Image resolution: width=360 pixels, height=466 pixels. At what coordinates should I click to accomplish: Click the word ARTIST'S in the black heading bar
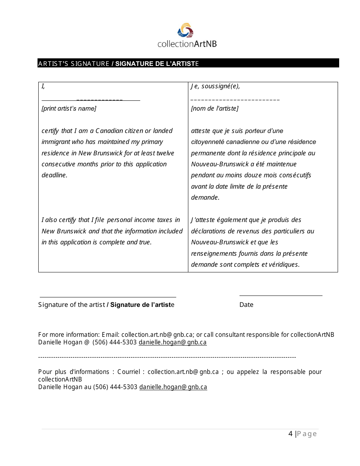pos(53,64)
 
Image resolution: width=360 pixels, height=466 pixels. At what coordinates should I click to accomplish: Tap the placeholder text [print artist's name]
pos(69,109)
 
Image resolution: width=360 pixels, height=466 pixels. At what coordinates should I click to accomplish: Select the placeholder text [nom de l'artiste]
pos(214,109)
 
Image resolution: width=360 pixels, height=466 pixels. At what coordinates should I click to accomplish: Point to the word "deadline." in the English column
pos(54,175)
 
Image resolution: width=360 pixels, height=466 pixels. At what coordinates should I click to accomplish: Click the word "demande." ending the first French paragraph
pos(205,197)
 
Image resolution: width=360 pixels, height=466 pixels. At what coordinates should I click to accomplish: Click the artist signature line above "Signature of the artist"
pos(108,297)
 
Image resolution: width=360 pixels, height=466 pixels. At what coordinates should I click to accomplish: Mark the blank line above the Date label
pos(280,296)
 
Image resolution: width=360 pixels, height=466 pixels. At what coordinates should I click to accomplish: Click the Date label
pos(246,305)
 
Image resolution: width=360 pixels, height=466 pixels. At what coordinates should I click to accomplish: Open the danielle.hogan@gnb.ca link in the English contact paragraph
pos(172,342)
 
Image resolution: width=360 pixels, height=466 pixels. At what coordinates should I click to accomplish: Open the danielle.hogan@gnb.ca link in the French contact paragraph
pos(173,387)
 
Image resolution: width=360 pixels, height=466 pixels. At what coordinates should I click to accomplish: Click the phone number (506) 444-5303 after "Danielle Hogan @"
pos(115,342)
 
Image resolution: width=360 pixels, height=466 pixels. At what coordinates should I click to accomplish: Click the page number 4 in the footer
pos(290,434)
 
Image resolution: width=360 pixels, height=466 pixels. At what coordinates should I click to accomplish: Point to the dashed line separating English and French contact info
pos(167,357)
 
